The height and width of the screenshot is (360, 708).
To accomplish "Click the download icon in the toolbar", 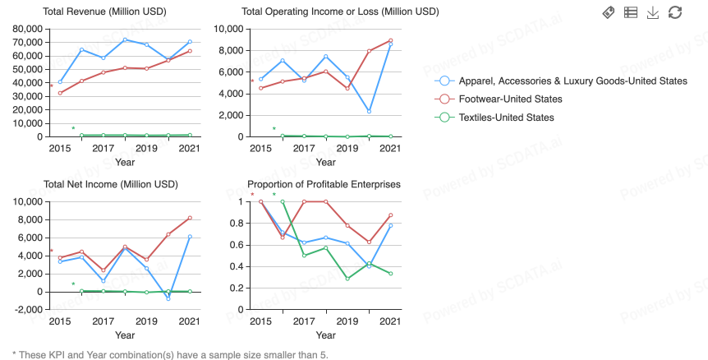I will tap(653, 12).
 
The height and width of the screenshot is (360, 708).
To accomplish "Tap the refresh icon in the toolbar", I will tap(675, 12).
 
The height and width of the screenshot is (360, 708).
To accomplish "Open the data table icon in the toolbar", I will tap(631, 12).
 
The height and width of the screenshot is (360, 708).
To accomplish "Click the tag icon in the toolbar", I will tap(609, 12).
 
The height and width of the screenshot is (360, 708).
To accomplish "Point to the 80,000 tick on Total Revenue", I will tap(27, 29).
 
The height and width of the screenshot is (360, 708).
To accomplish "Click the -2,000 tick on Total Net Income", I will tap(28, 310).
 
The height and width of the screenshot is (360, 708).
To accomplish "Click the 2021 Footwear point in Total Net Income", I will tap(190, 218).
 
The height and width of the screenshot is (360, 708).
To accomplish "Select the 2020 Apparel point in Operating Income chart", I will tap(369, 111).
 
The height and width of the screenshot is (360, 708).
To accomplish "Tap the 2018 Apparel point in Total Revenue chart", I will tap(125, 39).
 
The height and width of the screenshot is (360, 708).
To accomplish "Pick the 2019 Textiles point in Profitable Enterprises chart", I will tap(347, 279).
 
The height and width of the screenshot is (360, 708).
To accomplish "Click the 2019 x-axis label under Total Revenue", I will tap(146, 148).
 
